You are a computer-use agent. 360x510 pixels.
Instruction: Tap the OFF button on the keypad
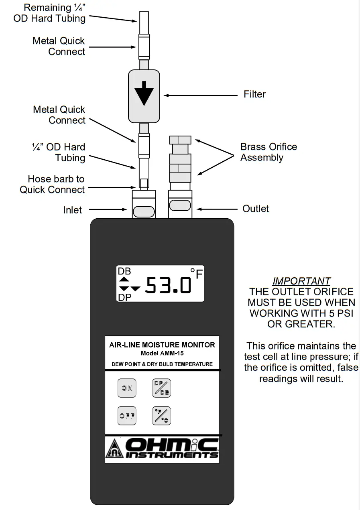click(x=127, y=416)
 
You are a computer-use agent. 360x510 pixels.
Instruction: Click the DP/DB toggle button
click(x=162, y=388)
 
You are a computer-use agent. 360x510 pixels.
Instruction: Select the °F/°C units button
click(x=162, y=416)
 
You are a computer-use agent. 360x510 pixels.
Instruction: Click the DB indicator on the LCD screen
click(x=124, y=271)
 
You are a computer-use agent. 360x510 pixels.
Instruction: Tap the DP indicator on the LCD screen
click(x=124, y=297)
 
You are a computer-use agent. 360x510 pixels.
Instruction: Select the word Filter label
click(x=254, y=94)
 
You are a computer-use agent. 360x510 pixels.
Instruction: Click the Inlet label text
click(x=72, y=210)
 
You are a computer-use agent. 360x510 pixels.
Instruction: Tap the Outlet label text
click(x=256, y=209)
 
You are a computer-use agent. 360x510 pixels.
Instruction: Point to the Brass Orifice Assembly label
click(x=268, y=152)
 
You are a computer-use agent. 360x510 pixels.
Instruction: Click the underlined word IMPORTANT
click(x=301, y=281)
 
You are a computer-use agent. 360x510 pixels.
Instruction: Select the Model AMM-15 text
click(x=162, y=354)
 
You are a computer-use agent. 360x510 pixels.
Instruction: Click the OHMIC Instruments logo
click(x=162, y=448)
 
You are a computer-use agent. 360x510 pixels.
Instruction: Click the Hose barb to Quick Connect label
click(x=53, y=184)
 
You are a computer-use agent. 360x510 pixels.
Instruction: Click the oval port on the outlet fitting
click(x=180, y=205)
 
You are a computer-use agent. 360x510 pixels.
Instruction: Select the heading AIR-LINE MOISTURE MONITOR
click(x=162, y=345)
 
